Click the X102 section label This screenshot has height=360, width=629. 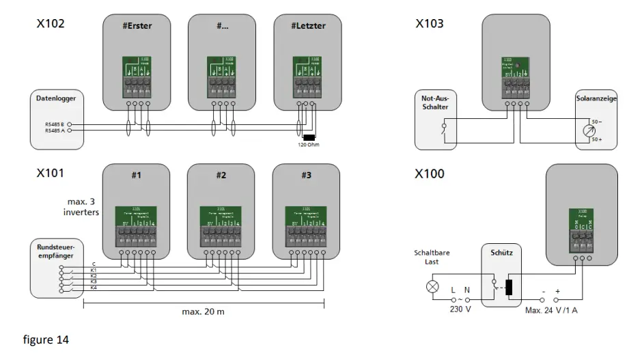click(51, 24)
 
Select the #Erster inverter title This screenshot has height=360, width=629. click(137, 26)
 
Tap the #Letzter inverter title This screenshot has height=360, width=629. click(309, 26)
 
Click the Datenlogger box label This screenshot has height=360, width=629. click(56, 98)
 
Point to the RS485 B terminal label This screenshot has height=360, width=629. click(55, 124)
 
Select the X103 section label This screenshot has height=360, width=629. click(430, 24)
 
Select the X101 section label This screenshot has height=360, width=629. click(51, 174)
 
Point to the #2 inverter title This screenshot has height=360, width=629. click(221, 175)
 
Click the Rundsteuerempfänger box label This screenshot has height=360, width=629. click(56, 249)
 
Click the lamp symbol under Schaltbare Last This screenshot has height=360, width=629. click(432, 286)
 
